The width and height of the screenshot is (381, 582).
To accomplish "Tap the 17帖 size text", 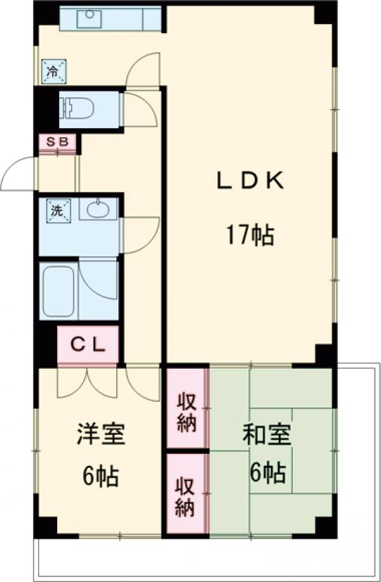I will [249, 236].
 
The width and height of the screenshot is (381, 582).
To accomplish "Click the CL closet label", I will [87, 345].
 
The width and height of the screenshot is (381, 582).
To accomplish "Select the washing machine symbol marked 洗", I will [57, 210].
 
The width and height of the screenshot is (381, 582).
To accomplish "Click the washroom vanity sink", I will [98, 209].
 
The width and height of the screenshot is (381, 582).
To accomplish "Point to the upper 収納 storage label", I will [186, 413].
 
